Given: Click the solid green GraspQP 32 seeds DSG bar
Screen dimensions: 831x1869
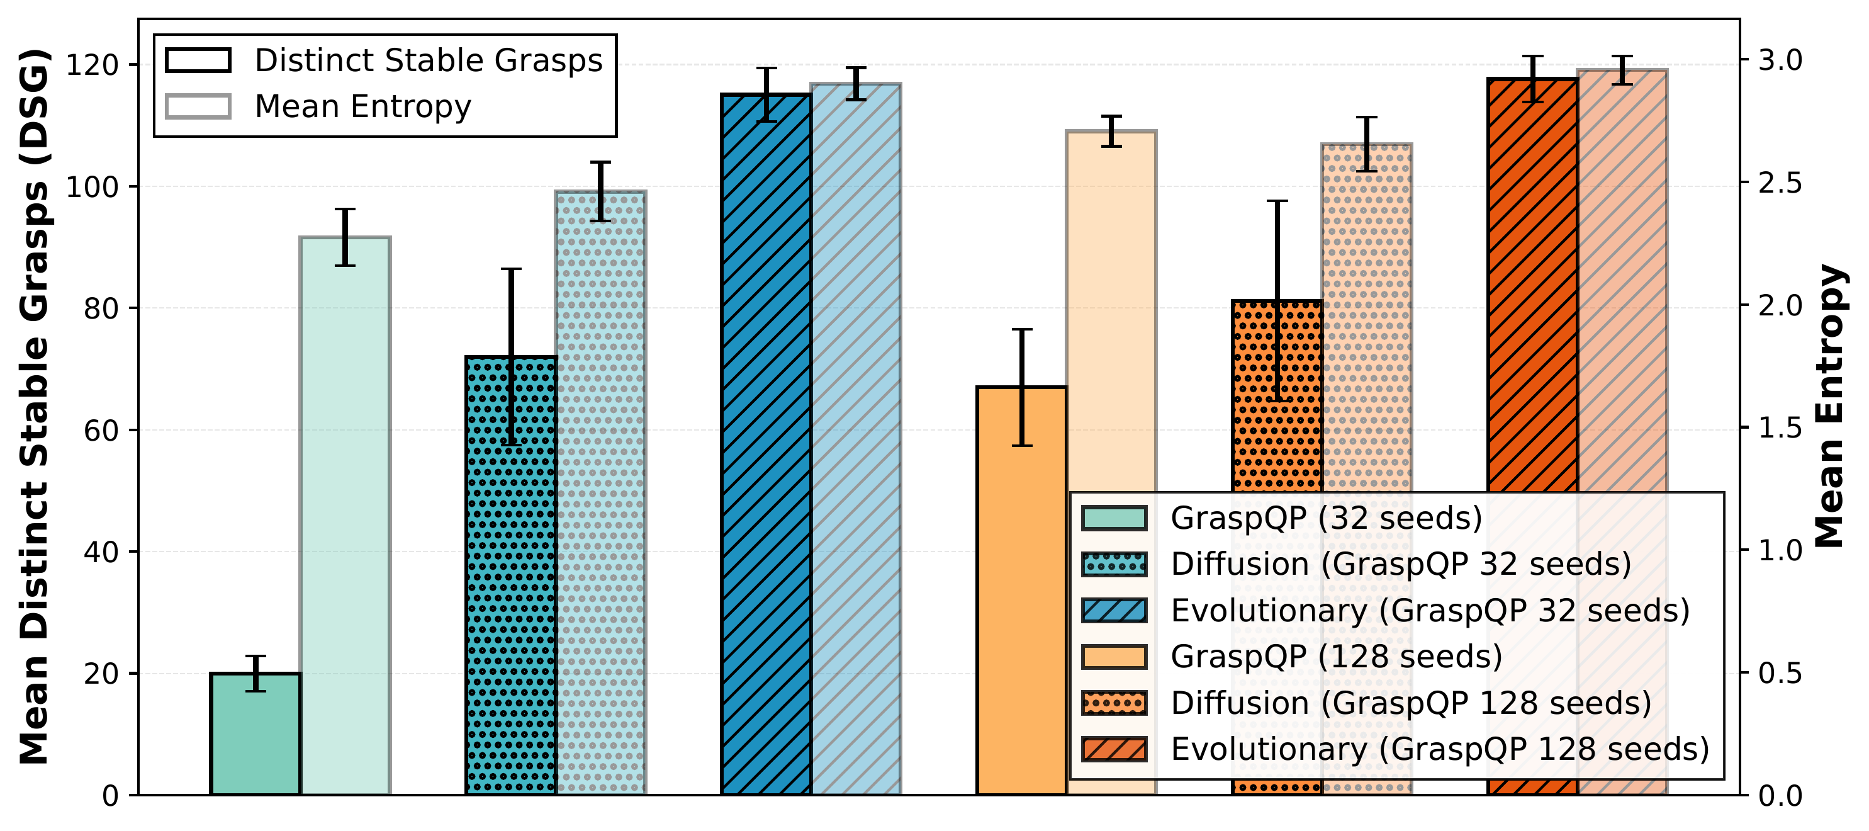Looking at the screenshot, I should coord(255,733).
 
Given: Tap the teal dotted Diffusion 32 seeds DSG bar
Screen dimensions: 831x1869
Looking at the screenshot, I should coord(511,580).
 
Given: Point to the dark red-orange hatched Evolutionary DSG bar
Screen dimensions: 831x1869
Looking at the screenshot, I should coord(1532,290).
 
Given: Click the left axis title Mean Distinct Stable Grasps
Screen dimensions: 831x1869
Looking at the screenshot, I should coord(35,407).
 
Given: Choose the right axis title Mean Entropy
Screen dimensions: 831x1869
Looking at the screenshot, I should coord(1829,407).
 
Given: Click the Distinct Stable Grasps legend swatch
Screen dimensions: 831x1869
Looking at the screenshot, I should coord(198,60).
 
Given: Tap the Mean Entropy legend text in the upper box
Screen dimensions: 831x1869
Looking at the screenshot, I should coord(362,106).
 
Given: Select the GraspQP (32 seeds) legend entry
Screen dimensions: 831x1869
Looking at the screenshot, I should coord(1327,518).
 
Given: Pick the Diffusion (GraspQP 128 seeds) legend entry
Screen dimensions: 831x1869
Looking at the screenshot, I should coord(1410,703).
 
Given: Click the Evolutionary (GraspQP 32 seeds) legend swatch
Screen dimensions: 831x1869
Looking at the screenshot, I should coord(1114,611).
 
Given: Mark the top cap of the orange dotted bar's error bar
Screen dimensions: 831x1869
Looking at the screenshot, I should coord(1277,201).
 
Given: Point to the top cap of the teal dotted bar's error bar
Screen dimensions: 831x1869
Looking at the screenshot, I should coord(511,269).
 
